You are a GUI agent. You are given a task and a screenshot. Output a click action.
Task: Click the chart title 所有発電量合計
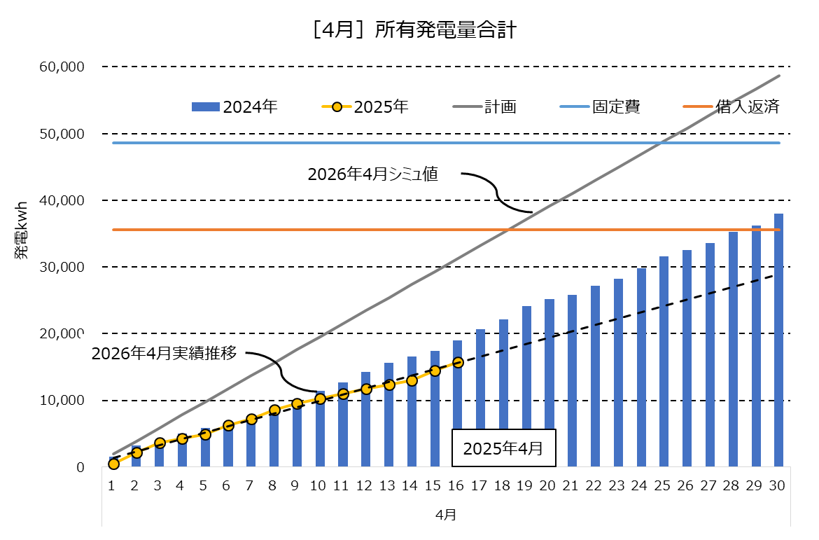409,31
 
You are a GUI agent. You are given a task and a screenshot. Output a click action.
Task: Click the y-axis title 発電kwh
22,234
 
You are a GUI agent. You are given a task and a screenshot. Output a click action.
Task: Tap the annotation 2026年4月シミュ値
372,174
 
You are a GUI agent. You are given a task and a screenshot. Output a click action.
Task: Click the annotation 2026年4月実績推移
164,353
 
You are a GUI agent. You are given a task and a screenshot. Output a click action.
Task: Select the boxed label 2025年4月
503,448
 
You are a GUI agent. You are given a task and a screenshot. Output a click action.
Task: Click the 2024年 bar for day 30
778,340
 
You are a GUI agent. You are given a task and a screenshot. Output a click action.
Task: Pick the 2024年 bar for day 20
549,383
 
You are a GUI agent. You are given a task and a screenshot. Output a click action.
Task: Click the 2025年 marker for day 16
458,362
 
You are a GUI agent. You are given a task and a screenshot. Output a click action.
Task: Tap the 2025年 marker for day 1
113,464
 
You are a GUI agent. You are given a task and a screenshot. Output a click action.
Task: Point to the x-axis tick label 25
664,485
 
